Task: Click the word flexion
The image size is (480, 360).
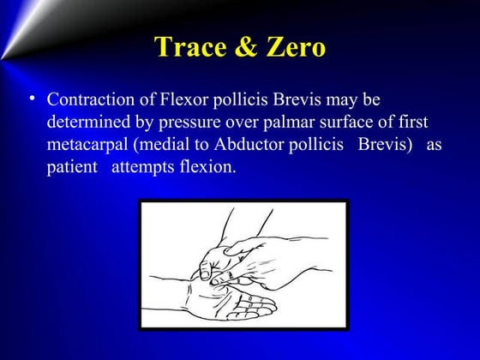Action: [x=204, y=166]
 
